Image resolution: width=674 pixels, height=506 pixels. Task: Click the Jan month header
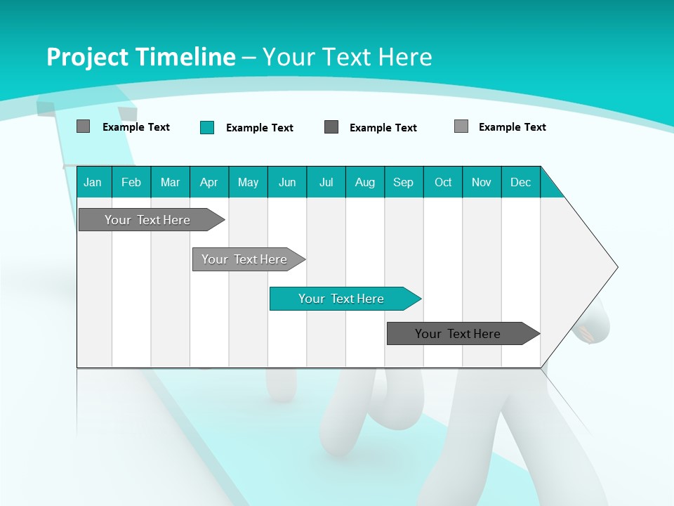[93, 182]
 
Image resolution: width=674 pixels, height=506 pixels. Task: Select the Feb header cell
[131, 182]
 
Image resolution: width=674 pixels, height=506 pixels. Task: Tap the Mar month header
[170, 182]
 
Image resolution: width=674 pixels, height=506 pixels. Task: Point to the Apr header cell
[209, 182]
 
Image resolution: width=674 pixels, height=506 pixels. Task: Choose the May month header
[248, 182]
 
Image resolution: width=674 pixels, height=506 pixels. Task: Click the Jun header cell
[287, 182]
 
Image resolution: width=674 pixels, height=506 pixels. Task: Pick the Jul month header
[326, 182]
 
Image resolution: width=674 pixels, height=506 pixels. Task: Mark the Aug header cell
[365, 182]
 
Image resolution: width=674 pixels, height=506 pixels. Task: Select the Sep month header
[404, 182]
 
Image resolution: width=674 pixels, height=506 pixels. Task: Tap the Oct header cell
[443, 182]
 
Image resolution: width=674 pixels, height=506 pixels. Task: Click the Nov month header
[482, 182]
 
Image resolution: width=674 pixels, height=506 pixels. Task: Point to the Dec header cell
[521, 182]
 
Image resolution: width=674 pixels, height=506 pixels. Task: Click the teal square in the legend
[207, 127]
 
